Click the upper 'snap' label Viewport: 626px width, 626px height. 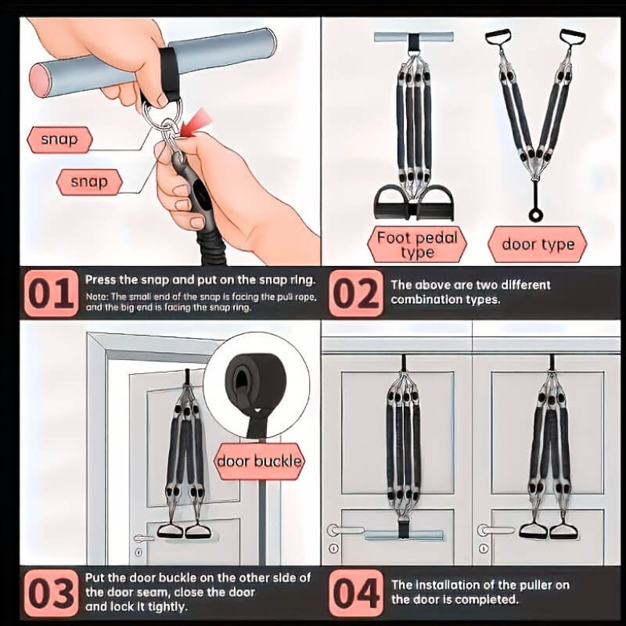59,140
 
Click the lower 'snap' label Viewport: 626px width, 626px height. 89,182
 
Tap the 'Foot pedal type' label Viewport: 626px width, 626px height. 416,243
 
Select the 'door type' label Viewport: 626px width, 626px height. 538,244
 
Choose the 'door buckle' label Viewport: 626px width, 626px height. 258,461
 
